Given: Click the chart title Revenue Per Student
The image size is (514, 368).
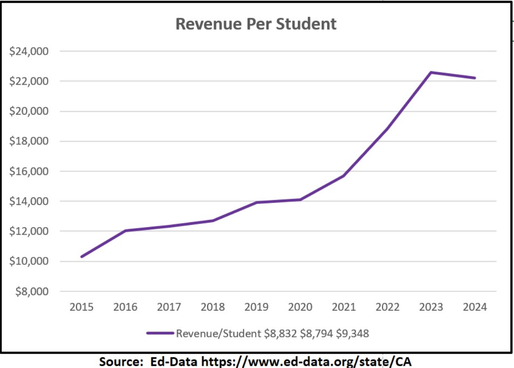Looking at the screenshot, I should click(256, 24).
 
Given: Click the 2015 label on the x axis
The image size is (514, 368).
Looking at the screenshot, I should click(81, 307).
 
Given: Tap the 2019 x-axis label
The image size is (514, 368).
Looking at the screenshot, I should click(256, 307).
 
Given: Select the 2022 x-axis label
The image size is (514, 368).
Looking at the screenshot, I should click(387, 307).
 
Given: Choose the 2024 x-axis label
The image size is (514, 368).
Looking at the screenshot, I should click(475, 307).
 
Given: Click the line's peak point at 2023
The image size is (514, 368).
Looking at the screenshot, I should click(431, 72).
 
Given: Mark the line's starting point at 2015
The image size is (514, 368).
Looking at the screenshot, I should click(82, 256).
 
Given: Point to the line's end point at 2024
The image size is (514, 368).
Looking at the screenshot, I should click(475, 78).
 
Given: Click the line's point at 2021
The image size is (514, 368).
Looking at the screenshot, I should click(344, 176).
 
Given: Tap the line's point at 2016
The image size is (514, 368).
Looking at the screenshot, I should click(125, 231).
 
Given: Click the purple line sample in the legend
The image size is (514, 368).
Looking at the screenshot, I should click(160, 333).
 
